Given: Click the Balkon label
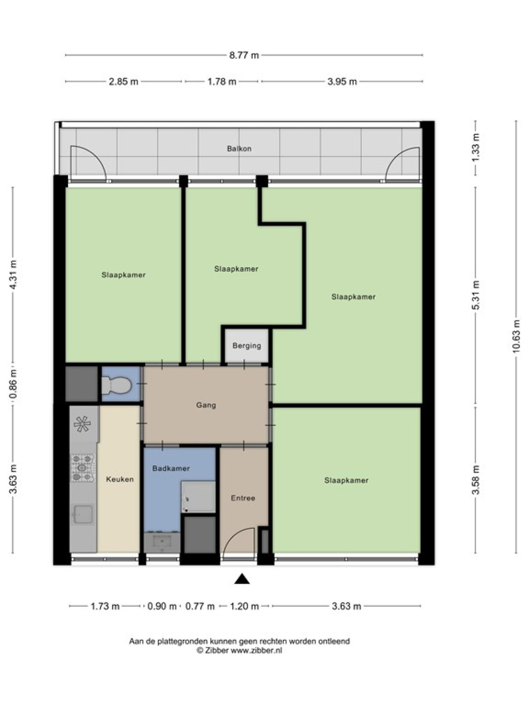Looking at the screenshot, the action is [239, 148].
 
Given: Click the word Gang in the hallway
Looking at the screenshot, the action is [206, 405].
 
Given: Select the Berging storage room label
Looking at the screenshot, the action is [247, 346].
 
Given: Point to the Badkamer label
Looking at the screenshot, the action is [171, 468].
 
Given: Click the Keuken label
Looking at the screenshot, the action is [119, 479].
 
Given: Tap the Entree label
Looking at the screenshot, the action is [243, 498].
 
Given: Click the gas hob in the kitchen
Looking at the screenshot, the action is [82, 468].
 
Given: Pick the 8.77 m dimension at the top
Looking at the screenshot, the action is [244, 55].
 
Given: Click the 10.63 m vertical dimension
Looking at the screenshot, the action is [516, 337].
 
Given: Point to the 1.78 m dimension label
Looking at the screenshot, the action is [222, 82].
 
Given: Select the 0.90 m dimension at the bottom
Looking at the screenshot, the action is [162, 606].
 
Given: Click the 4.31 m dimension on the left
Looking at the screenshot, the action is [13, 275].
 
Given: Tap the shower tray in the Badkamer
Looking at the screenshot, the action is [198, 497].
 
